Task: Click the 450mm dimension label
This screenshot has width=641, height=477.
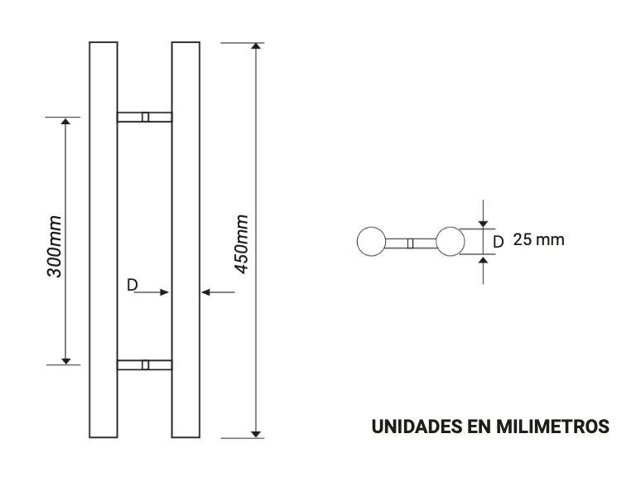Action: click(x=242, y=245)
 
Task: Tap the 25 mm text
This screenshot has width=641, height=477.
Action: click(x=538, y=240)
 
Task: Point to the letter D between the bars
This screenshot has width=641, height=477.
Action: click(x=133, y=285)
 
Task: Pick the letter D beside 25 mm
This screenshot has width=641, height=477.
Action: click(x=498, y=242)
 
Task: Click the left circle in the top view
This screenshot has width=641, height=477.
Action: click(x=370, y=242)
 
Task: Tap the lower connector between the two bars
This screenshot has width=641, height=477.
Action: click(x=145, y=364)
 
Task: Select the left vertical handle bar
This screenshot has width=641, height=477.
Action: click(x=103, y=239)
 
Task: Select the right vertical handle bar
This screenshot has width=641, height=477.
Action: click(x=186, y=239)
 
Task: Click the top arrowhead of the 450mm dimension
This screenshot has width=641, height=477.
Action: click(x=257, y=47)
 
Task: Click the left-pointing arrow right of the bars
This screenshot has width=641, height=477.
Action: click(x=206, y=291)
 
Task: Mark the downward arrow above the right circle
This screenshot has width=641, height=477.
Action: click(x=483, y=222)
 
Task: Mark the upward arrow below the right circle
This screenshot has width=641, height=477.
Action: click(x=483, y=262)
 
